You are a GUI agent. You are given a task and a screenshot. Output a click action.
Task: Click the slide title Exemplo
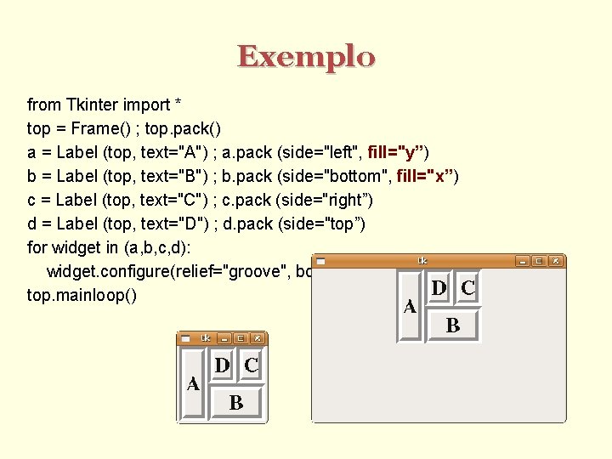point(306,57)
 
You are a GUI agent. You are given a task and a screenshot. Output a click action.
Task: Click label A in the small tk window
point(193,384)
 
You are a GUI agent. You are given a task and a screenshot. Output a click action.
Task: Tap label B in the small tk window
point(235,403)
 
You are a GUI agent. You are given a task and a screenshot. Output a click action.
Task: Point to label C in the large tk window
point(467,288)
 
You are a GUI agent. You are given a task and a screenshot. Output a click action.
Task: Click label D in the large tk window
point(439,288)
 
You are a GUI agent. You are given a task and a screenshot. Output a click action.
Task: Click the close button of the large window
point(555,261)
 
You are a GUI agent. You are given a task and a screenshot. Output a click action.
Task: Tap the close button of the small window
point(258,338)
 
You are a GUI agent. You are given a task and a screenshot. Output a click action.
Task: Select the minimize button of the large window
point(523,261)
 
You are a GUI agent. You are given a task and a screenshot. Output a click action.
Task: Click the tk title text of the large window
point(422,260)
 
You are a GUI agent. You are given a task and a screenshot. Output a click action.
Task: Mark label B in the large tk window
point(453,325)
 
